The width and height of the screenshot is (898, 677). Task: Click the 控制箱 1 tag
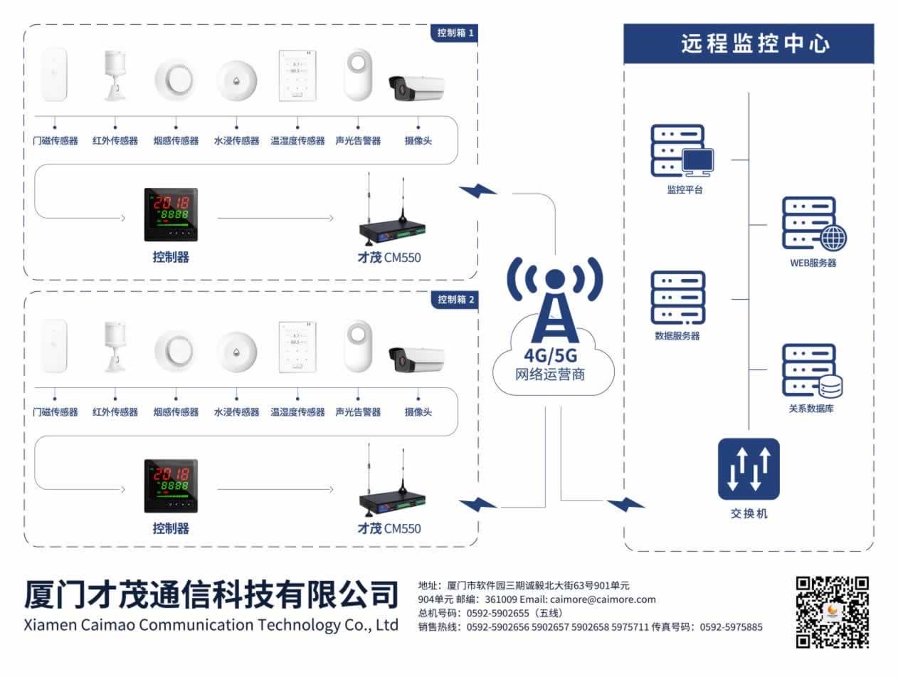point(455,33)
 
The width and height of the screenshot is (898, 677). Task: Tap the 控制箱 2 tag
point(455,300)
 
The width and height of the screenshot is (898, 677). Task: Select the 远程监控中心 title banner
point(749,43)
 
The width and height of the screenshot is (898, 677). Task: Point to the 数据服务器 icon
point(677,297)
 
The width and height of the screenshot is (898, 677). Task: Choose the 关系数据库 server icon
point(812,371)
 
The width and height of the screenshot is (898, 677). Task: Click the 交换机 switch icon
point(749,468)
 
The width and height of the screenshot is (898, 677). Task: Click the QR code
point(832,612)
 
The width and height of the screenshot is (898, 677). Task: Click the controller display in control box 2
point(171,486)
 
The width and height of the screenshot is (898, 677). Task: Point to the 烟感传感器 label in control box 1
point(176,141)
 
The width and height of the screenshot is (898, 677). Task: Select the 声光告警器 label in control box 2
point(358,412)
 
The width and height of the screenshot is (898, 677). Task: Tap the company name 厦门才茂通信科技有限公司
point(211,594)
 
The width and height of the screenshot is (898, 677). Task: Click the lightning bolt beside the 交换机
point(625,504)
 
